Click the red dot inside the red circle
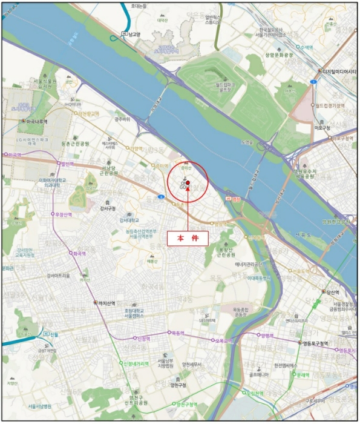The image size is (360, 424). [188, 183]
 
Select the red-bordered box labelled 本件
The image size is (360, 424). [188, 238]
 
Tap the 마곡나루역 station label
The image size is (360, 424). [39, 121]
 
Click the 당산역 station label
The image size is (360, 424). [335, 291]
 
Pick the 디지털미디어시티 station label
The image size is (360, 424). [340, 70]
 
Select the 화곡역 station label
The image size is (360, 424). [77, 254]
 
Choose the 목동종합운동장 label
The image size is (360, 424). [241, 311]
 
